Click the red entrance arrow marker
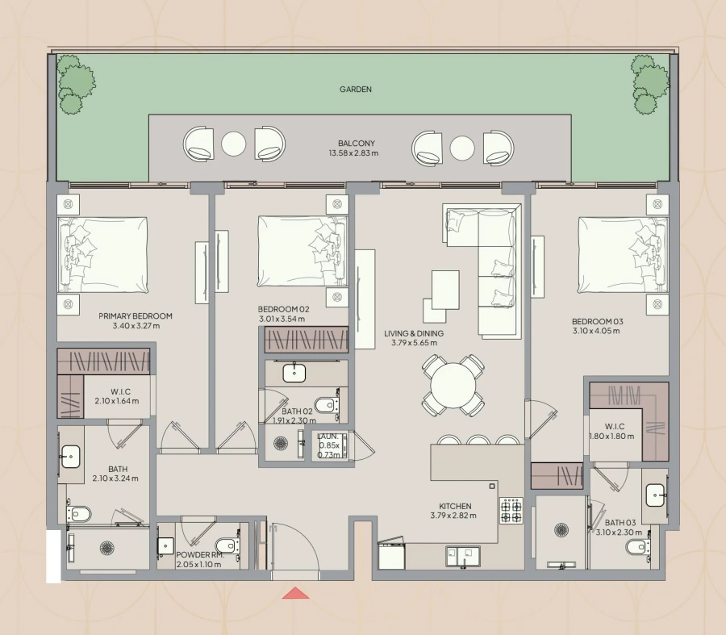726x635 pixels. coord(296,594)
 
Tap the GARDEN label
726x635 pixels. coord(356,90)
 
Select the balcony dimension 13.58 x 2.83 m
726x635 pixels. coord(352,153)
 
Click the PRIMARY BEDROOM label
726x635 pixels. coord(136,316)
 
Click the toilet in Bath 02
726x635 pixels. coord(325,403)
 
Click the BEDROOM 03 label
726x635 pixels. coord(598,321)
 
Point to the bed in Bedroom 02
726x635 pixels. coord(302,251)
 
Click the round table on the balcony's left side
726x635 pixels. coord(233,144)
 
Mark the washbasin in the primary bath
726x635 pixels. coord(71,457)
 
